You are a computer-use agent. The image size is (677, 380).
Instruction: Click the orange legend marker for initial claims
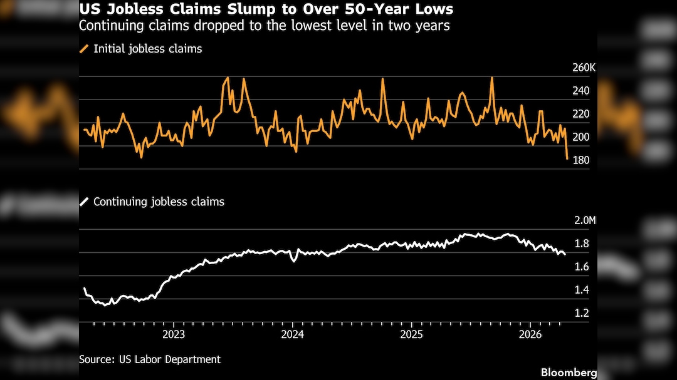84,49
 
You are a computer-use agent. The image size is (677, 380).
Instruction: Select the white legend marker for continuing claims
84,202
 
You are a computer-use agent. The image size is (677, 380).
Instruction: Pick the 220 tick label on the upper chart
580,114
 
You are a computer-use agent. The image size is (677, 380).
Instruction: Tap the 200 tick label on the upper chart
580,137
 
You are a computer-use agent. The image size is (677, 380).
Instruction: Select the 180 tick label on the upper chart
580,160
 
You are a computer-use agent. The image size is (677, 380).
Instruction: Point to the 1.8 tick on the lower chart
581,244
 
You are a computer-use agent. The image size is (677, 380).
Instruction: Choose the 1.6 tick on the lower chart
581,267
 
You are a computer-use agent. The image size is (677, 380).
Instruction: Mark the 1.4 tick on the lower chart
581,290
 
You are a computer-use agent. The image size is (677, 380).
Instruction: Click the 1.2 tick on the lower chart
581,313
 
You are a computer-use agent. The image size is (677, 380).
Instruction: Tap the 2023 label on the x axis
174,334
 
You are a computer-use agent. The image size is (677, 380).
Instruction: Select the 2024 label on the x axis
292,334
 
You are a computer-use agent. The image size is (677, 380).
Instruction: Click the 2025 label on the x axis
411,334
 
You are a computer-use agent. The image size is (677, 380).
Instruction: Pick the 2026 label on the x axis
530,334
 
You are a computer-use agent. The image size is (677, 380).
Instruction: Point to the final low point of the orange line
567,158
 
